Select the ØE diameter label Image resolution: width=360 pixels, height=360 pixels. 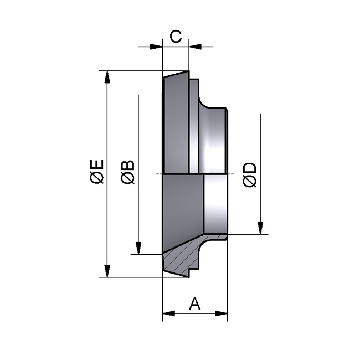(x=96, y=171)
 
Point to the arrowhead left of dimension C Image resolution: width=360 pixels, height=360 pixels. (x=156, y=47)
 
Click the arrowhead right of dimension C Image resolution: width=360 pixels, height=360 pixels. (x=195, y=47)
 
